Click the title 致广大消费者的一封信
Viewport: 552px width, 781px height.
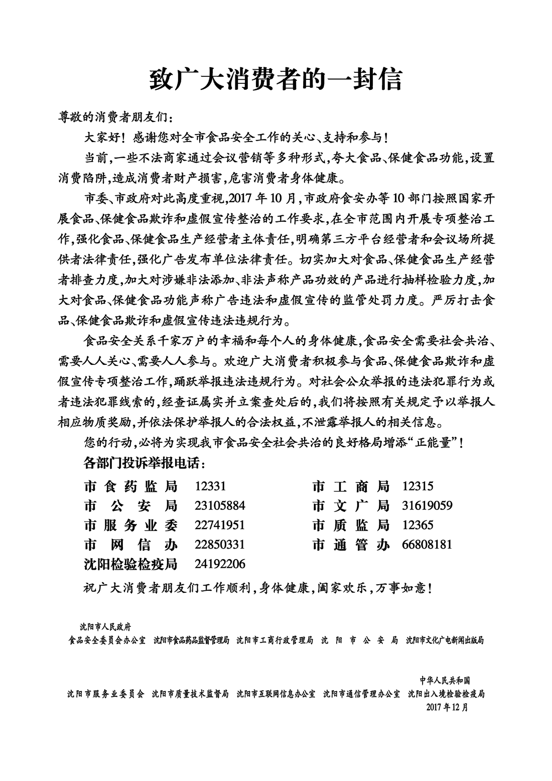click(276, 79)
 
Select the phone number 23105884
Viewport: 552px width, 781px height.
click(220, 505)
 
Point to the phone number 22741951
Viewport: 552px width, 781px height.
click(220, 525)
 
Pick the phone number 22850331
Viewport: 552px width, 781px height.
click(220, 545)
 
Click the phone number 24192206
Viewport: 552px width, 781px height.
click(220, 564)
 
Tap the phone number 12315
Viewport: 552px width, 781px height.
click(418, 486)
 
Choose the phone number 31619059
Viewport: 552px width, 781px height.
click(427, 505)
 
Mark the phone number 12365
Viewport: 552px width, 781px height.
click(418, 525)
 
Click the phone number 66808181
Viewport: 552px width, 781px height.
click(427, 545)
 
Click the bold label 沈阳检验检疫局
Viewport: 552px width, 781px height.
click(131, 564)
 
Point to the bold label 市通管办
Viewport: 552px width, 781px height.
click(351, 545)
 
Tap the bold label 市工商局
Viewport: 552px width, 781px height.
click(351, 486)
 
